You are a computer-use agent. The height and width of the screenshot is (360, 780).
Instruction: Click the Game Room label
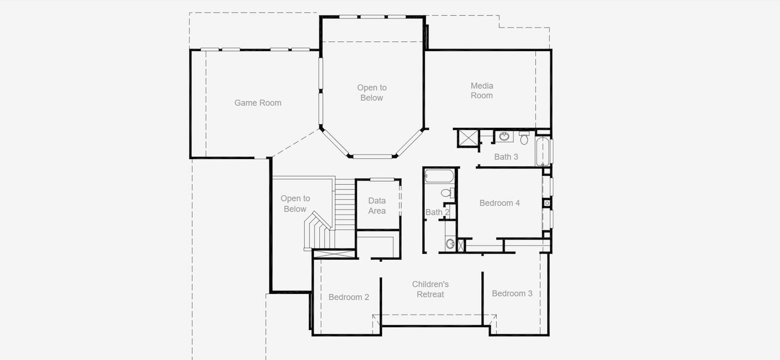pos(257,103)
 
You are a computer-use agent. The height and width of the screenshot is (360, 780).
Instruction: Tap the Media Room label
pos(481,91)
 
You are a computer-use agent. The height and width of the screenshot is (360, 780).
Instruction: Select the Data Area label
pos(377,206)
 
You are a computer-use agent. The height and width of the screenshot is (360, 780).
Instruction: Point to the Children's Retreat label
pos(430,289)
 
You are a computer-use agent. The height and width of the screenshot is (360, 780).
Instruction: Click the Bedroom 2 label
pos(349,297)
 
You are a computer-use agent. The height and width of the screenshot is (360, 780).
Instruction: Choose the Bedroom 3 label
pos(512,293)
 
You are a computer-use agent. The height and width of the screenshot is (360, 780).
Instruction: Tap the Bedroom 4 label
pos(499,203)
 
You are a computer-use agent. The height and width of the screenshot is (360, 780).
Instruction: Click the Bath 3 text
pos(506,157)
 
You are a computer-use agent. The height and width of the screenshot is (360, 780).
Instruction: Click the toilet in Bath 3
pos(524,139)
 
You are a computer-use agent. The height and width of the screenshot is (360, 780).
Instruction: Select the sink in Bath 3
pos(504,137)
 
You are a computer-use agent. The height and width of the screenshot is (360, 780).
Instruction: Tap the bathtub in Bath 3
pos(542,151)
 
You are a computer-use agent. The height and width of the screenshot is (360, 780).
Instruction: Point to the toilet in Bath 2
pos(448,193)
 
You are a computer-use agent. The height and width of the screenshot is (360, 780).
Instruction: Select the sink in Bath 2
pos(450,244)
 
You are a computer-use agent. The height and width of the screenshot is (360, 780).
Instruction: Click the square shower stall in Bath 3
pos(467,137)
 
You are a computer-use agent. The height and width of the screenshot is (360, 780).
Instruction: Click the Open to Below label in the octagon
pos(371,93)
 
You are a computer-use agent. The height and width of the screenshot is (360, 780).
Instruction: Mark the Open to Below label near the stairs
pos(295,203)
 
